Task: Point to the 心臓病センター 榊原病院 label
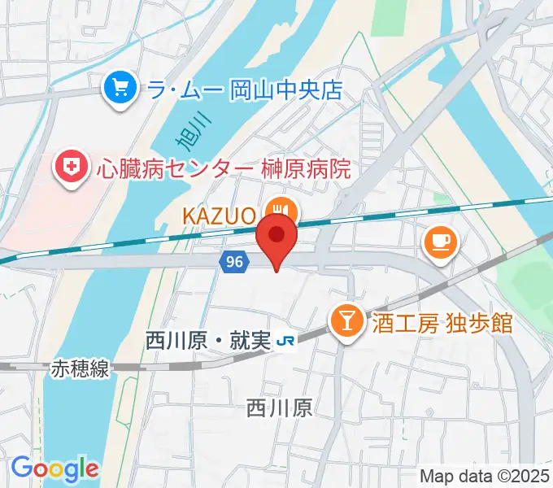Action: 223,170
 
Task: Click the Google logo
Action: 54,469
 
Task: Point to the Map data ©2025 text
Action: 485,477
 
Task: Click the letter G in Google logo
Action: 21,468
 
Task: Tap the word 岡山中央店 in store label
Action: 286,89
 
